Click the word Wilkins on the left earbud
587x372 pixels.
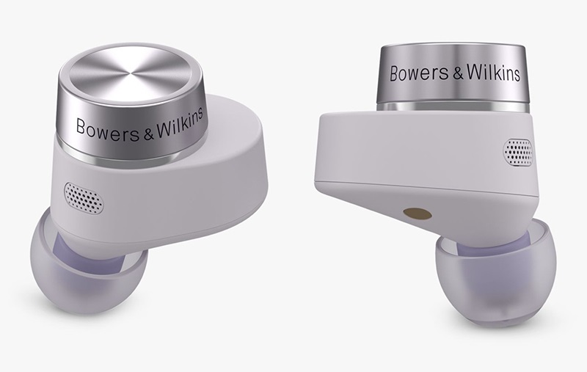pos(180,123)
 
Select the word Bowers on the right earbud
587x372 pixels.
pos(419,73)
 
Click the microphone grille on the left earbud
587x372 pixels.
pos(84,198)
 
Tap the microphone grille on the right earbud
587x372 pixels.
pos(518,153)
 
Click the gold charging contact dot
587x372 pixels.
pos(418,214)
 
